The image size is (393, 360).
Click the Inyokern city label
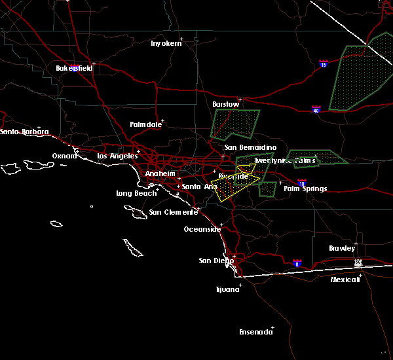pyautogui.click(x=166, y=43)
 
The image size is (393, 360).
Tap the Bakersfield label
pyautogui.click(x=73, y=68)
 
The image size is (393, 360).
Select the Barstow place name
pyautogui.click(x=226, y=104)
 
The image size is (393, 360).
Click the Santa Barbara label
pyautogui.click(x=24, y=132)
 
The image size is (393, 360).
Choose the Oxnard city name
pyautogui.click(x=65, y=156)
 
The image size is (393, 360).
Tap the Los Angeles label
pyautogui.click(x=117, y=156)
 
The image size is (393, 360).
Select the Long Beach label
pyautogui.click(x=136, y=193)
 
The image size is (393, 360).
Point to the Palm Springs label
pyautogui.click(x=305, y=189)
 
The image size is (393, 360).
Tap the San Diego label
pyautogui.click(x=215, y=261)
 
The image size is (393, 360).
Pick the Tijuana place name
pyautogui.click(x=228, y=289)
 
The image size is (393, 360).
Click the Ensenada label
pyautogui.click(x=255, y=332)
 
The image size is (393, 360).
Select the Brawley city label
pyautogui.click(x=342, y=248)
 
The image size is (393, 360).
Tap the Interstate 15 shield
pyautogui.click(x=324, y=64)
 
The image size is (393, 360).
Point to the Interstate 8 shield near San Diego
pyautogui.click(x=297, y=262)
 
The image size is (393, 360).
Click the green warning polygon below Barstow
pyautogui.click(x=236, y=123)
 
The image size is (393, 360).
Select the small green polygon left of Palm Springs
pyautogui.click(x=267, y=189)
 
